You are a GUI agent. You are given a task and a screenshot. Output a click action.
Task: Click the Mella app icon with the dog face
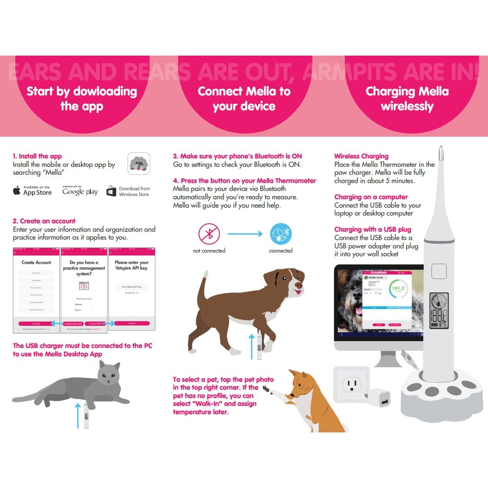(x=139, y=163)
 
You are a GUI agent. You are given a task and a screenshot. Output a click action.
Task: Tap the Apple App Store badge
(x=32, y=190)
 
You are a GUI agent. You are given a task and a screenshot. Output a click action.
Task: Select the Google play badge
(x=80, y=190)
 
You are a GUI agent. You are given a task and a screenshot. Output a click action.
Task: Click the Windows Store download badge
(x=128, y=191)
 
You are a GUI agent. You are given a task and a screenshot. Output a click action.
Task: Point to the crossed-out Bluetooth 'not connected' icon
(x=209, y=234)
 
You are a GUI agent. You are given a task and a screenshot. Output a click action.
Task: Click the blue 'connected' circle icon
(x=281, y=234)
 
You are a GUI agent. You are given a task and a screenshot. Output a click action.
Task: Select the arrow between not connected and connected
(x=245, y=234)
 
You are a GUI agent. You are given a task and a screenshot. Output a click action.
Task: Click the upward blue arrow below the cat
(x=78, y=415)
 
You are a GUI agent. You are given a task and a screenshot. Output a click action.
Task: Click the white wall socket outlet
(x=351, y=384)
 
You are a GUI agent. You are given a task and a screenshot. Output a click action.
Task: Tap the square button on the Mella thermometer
(x=438, y=271)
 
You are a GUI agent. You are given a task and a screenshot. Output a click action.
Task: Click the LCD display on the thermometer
(x=438, y=311)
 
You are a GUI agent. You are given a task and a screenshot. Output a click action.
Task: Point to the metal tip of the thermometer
(x=440, y=153)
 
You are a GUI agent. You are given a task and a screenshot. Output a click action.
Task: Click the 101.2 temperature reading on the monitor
(x=398, y=288)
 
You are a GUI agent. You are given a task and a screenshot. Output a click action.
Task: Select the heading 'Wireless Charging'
(x=361, y=156)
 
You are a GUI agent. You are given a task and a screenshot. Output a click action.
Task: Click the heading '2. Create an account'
(x=44, y=221)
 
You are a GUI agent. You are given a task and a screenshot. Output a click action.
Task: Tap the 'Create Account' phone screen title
(x=36, y=262)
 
